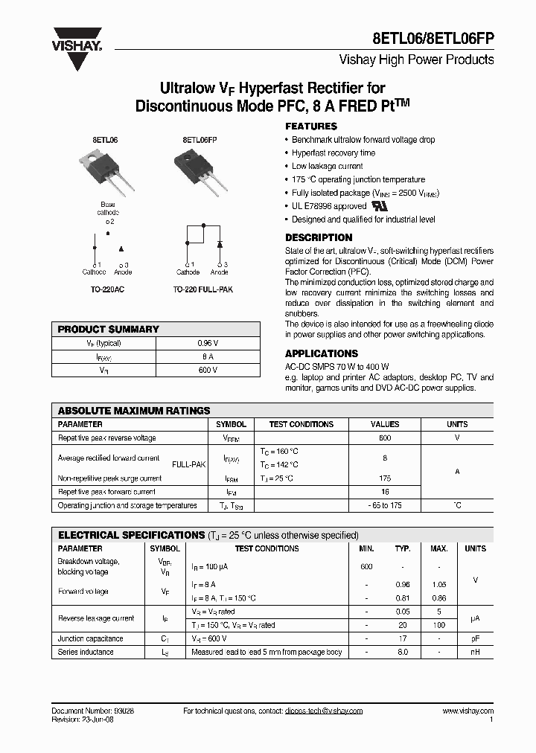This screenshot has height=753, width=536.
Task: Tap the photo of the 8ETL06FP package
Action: coord(199,172)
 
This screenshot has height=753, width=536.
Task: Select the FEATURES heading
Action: coord(310,126)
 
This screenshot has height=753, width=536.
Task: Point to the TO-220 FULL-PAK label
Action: coord(202,289)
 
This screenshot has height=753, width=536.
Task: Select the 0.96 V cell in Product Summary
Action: coord(210,344)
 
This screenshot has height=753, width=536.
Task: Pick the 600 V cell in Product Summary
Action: coord(210,369)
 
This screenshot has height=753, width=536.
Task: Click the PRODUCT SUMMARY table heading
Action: coord(109,329)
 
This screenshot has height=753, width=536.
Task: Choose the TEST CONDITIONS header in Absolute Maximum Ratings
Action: coord(301,424)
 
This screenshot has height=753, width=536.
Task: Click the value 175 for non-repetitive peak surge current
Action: coord(385,478)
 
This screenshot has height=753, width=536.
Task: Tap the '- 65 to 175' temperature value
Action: coord(385,505)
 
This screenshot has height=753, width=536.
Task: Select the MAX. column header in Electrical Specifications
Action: coord(438,548)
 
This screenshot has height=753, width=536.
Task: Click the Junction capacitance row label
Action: coord(91,638)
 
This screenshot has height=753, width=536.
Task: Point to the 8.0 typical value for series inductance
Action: coord(402,652)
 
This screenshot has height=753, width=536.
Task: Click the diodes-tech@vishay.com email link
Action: coord(323,711)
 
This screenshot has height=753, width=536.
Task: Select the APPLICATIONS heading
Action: coord(321,353)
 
